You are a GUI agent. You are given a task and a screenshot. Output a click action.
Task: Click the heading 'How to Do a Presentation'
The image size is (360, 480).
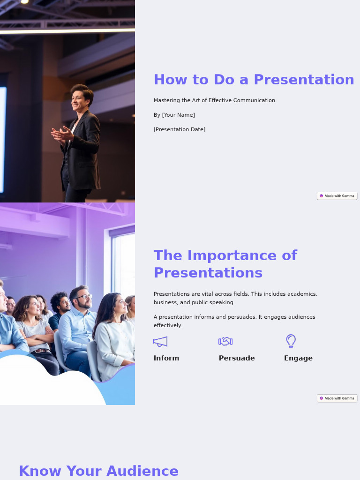click(254, 80)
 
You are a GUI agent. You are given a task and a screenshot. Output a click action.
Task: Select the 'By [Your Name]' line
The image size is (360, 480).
click(174, 115)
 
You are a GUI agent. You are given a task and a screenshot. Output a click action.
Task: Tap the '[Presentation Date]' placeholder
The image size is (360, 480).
click(180, 129)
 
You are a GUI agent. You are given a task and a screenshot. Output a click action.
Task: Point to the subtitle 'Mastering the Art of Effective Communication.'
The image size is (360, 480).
click(215, 100)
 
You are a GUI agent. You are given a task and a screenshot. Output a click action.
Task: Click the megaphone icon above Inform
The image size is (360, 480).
click(160, 341)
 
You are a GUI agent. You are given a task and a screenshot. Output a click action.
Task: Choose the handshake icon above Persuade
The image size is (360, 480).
click(225, 341)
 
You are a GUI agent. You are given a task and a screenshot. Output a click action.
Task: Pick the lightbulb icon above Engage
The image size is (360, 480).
click(291, 341)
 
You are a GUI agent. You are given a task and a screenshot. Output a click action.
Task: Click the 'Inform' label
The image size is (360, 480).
click(166, 358)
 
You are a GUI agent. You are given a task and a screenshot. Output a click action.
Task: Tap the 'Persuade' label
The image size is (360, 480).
click(237, 358)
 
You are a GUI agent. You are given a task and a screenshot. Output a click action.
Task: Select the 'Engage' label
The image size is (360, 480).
click(298, 358)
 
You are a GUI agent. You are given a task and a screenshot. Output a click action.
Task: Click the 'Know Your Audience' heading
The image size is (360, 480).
click(98, 471)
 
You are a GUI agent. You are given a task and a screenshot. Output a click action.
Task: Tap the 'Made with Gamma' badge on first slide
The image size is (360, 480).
click(337, 196)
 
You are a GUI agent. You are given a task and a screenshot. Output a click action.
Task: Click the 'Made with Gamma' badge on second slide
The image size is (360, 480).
click(337, 398)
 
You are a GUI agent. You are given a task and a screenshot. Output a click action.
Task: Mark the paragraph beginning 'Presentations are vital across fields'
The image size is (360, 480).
click(235, 298)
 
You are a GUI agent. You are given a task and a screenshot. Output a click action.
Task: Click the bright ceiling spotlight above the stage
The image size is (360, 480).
click(24, 2)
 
